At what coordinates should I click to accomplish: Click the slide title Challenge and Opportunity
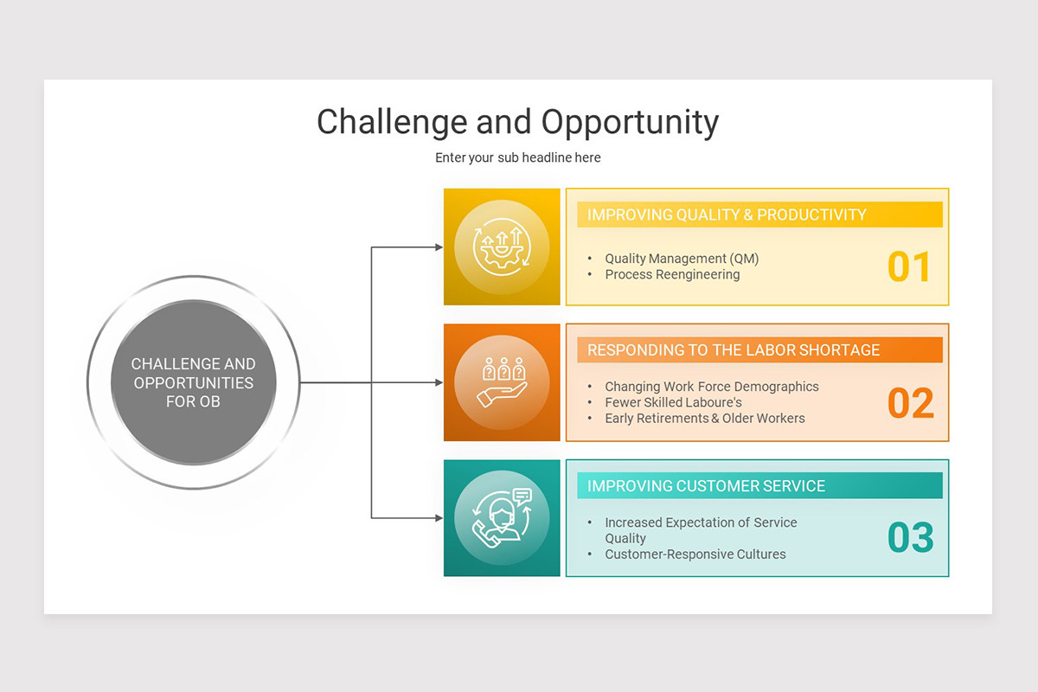pyautogui.click(x=517, y=122)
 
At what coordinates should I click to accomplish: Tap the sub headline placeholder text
pyautogui.click(x=517, y=157)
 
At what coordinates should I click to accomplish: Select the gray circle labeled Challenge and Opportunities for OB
pyautogui.click(x=194, y=382)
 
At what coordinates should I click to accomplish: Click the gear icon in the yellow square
pyautogui.click(x=502, y=247)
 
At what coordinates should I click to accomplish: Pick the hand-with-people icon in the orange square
pyautogui.click(x=502, y=382)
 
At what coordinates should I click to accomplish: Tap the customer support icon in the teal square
pyautogui.click(x=502, y=518)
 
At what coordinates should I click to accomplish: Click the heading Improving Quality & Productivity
pyautogui.click(x=727, y=215)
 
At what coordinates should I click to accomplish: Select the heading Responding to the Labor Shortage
pyautogui.click(x=734, y=350)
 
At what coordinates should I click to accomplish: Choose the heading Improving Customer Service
pyautogui.click(x=706, y=486)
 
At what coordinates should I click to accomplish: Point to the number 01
pyautogui.click(x=909, y=266)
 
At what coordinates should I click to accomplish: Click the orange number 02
pyautogui.click(x=911, y=402)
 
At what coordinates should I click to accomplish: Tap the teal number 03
pyautogui.click(x=911, y=537)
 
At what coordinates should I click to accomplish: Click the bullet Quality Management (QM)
pyautogui.click(x=682, y=258)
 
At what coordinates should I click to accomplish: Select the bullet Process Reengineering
pyautogui.click(x=672, y=274)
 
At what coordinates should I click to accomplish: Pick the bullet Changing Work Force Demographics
pyautogui.click(x=712, y=387)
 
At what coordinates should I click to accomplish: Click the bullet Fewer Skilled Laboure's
pyautogui.click(x=673, y=402)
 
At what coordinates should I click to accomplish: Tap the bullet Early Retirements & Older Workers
pyautogui.click(x=705, y=418)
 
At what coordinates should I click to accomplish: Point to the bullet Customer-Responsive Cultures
pyautogui.click(x=695, y=554)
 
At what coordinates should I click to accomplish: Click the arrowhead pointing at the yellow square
pyautogui.click(x=439, y=247)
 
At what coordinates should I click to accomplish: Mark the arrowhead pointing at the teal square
pyautogui.click(x=439, y=518)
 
